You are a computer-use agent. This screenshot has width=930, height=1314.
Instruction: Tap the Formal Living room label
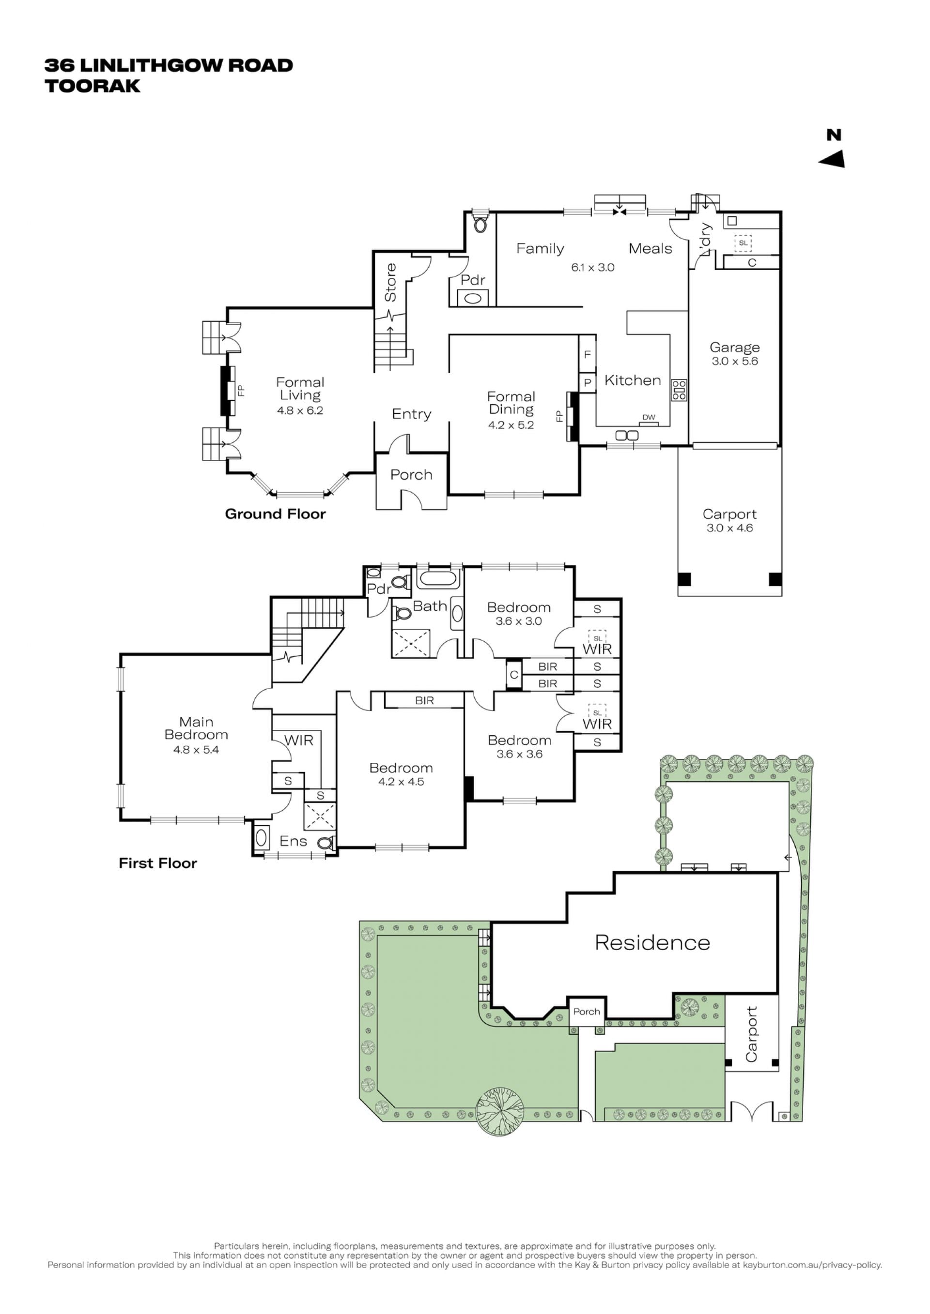click(x=300, y=389)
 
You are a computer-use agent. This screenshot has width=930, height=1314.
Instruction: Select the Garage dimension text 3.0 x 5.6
click(x=735, y=361)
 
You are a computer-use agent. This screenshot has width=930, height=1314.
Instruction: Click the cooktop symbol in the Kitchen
click(x=679, y=390)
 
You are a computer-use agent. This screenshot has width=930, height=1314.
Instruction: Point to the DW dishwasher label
click(x=649, y=417)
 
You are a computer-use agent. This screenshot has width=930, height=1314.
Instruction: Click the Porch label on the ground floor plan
click(x=411, y=474)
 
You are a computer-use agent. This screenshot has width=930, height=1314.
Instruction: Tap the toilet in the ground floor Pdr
click(x=480, y=225)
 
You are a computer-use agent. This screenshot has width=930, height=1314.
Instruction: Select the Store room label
click(x=390, y=282)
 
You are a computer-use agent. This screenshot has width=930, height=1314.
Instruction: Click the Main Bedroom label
click(x=196, y=728)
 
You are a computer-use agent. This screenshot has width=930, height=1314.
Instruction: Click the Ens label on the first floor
click(x=293, y=841)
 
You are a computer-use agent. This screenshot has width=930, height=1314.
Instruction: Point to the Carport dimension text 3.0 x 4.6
click(x=729, y=528)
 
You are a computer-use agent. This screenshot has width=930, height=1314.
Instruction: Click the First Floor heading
click(x=157, y=863)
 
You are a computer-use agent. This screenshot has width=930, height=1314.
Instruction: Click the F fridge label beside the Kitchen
click(x=587, y=355)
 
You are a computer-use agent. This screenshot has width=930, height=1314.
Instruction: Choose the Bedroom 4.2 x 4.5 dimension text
click(x=401, y=782)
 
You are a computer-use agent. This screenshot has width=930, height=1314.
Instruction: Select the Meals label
click(x=650, y=248)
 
